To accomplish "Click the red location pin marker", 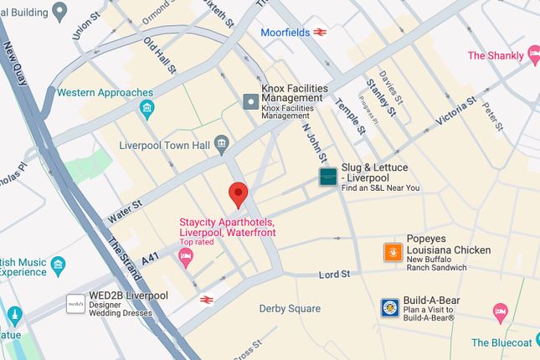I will click(239, 194).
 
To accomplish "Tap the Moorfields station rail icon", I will click(320, 33).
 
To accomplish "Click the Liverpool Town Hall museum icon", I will click(222, 144).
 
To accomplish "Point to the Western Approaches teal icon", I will click(147, 108).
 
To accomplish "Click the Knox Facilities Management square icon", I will click(250, 101).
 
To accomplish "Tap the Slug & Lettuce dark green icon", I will click(327, 177).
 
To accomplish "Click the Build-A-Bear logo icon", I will click(389, 307).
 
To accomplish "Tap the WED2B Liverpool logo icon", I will click(75, 302).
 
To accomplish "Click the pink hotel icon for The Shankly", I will click(533, 56).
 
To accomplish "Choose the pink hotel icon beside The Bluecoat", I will click(500, 314).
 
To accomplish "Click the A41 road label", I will click(150, 260).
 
